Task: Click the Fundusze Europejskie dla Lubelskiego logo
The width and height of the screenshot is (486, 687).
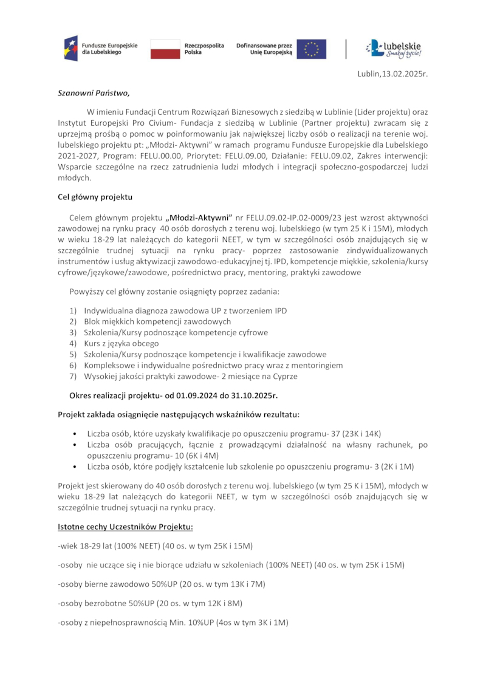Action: pos(101,49)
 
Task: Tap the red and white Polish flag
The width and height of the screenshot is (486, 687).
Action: pos(165,49)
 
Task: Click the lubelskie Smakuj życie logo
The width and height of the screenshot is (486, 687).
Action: pos(393,49)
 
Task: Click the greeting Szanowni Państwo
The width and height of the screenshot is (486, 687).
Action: pos(94,94)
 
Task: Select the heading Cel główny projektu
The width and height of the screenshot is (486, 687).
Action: pos(95,197)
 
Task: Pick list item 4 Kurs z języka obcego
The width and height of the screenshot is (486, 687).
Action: pos(122,343)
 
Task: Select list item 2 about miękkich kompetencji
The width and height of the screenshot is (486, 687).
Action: pos(157,321)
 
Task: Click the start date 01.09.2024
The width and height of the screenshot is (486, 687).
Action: pos(197,395)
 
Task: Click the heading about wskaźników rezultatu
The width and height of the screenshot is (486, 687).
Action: pos(179,415)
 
